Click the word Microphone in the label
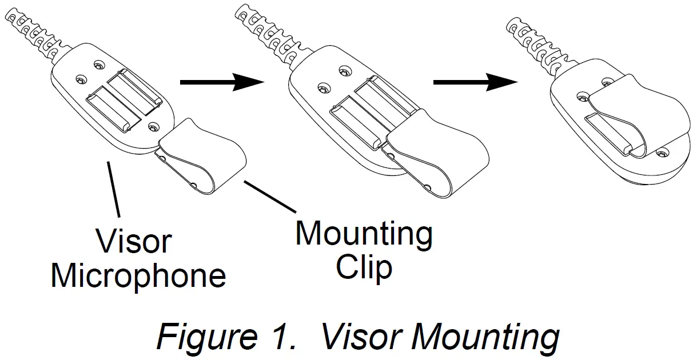click(138, 276)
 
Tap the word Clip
click(364, 267)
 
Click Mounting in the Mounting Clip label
click(364, 234)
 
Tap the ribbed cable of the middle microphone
click(269, 35)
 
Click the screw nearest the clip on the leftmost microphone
click(152, 125)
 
